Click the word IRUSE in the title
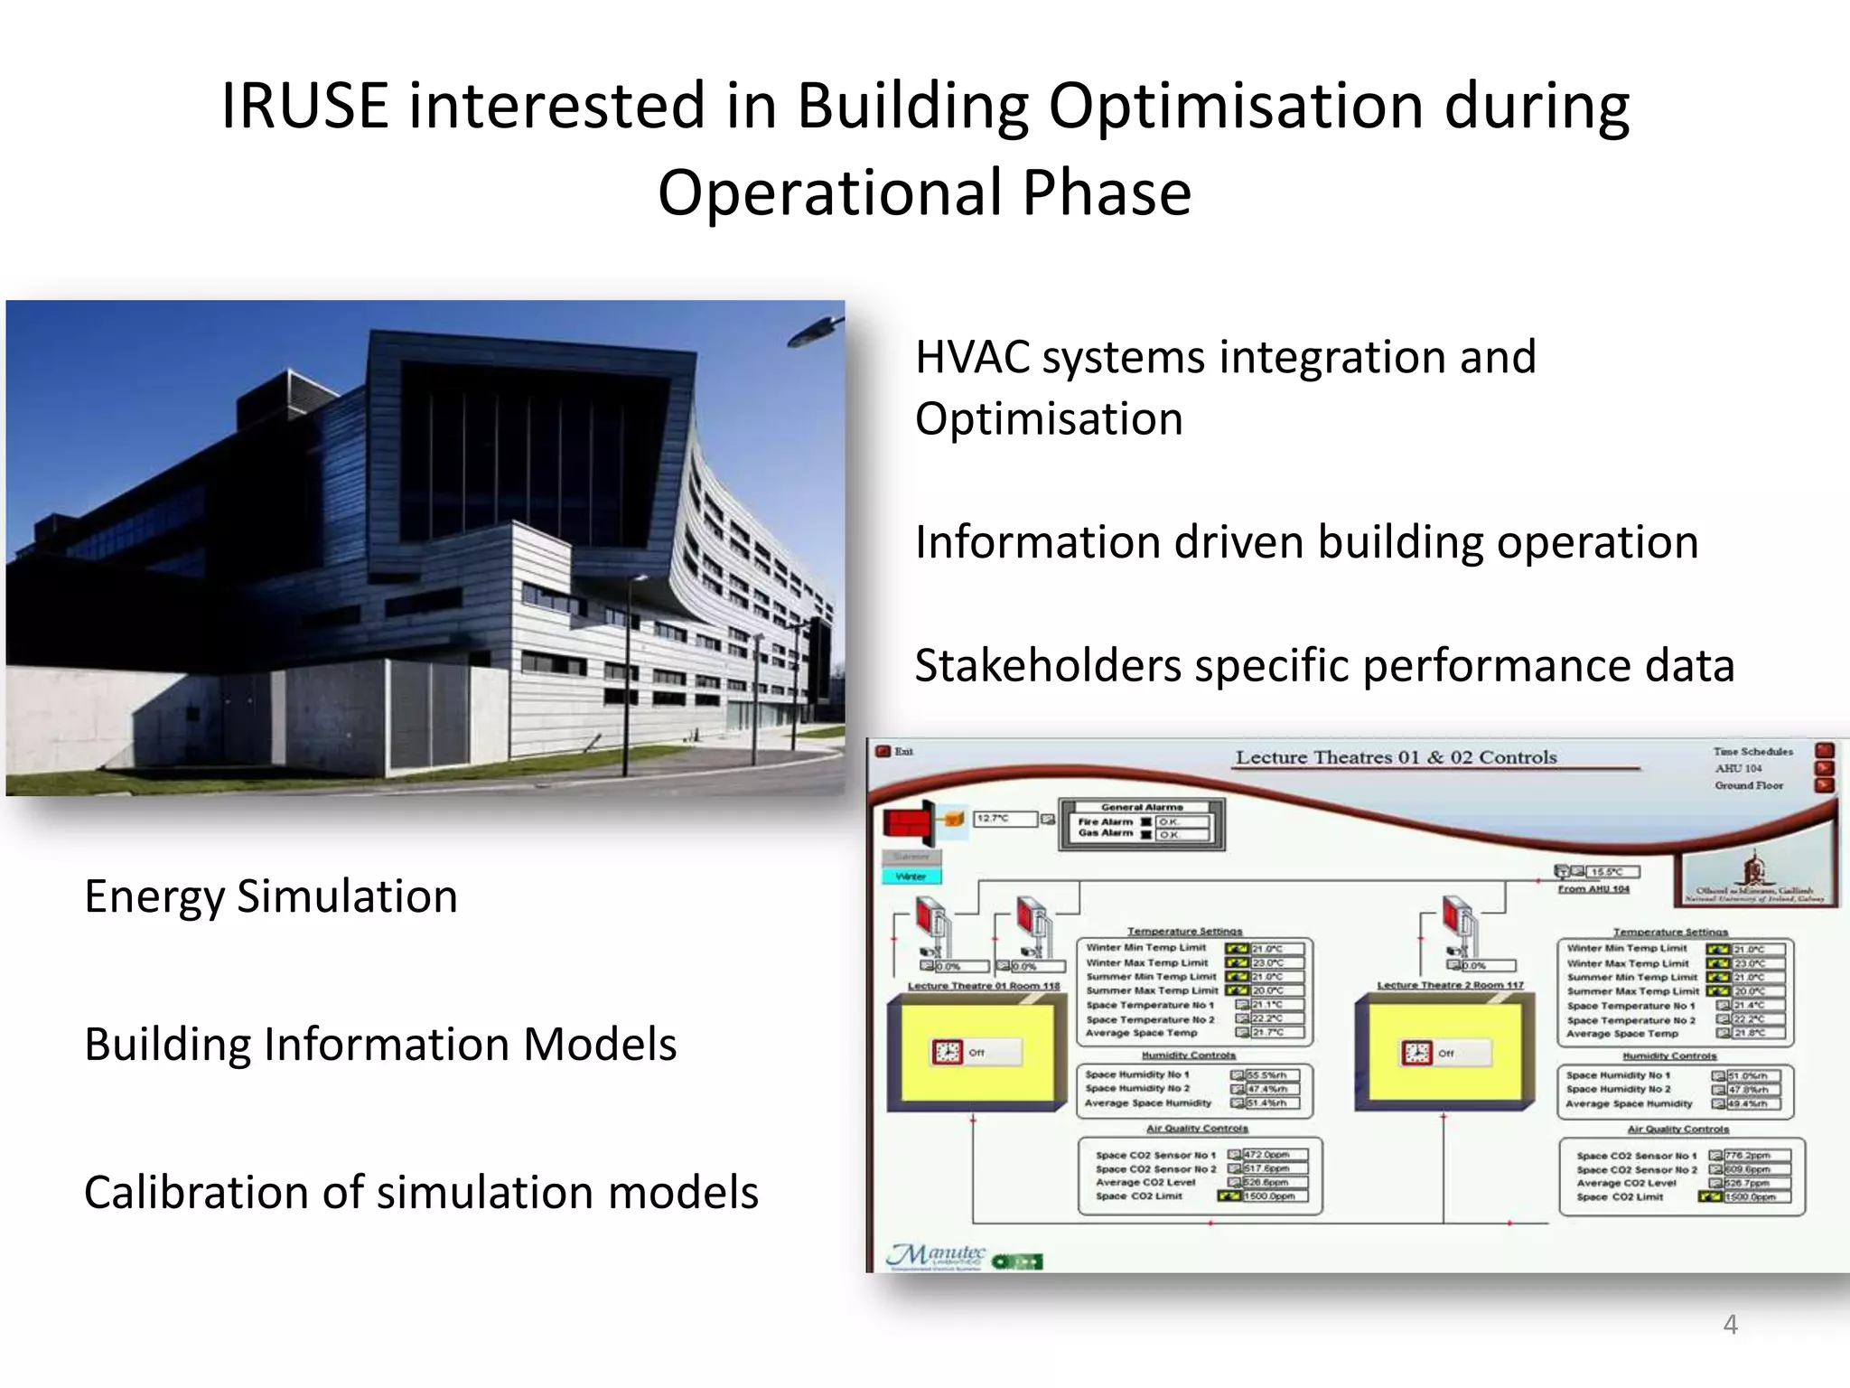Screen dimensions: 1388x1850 click(304, 106)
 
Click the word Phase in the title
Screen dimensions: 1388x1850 click(1107, 193)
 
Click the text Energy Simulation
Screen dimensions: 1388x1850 click(270, 896)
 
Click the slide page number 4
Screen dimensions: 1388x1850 click(1730, 1325)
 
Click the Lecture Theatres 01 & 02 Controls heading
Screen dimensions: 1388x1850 click(1396, 757)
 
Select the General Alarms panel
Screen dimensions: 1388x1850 click(1142, 823)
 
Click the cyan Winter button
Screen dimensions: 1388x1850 click(911, 876)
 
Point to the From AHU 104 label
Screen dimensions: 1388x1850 click(1593, 889)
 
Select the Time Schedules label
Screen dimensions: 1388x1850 click(1752, 751)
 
